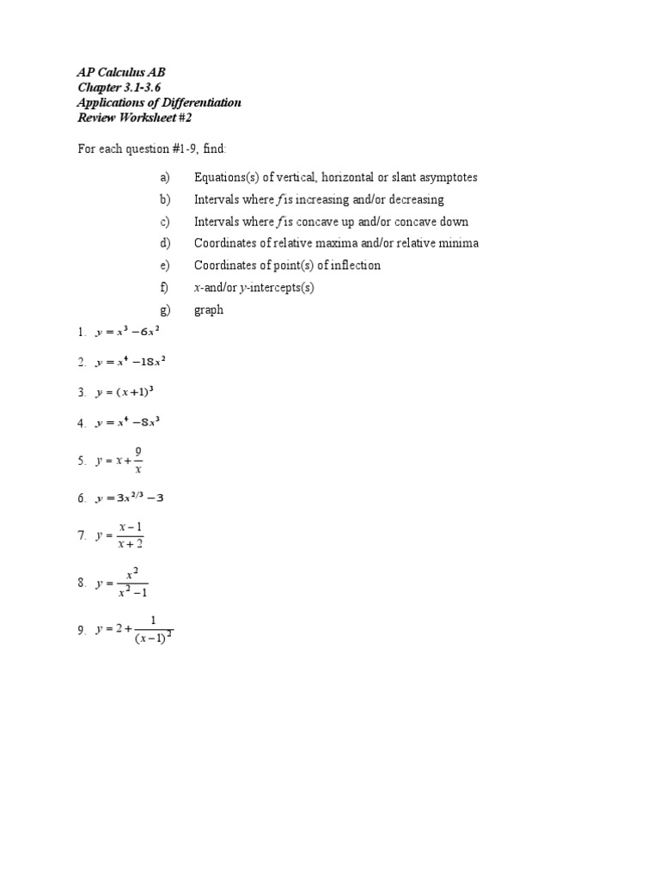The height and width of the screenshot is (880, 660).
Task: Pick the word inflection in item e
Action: tap(352, 266)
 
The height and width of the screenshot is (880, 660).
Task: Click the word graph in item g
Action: tap(209, 309)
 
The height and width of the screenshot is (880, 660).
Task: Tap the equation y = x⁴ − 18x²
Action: tap(132, 363)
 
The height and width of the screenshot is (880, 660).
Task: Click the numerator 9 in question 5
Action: tap(137, 451)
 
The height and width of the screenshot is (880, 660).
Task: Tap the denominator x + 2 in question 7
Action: tap(131, 544)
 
